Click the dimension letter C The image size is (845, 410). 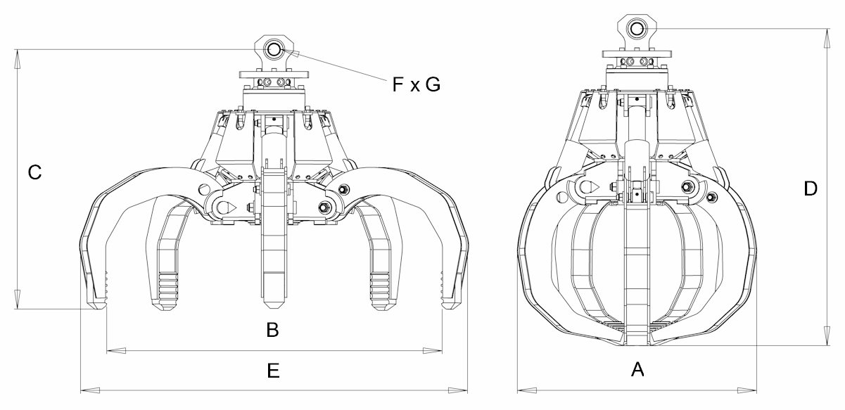tap(34, 172)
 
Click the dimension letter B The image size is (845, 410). tap(272, 330)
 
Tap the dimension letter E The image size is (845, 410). tap(273, 371)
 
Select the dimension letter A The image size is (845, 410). tap(637, 369)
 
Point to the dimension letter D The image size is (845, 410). tap(811, 188)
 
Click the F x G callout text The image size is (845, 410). tap(416, 84)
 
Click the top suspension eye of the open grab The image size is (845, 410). tap(274, 49)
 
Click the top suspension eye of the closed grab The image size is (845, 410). tap(637, 29)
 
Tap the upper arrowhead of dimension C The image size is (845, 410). tap(17, 59)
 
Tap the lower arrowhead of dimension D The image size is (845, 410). tap(827, 336)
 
